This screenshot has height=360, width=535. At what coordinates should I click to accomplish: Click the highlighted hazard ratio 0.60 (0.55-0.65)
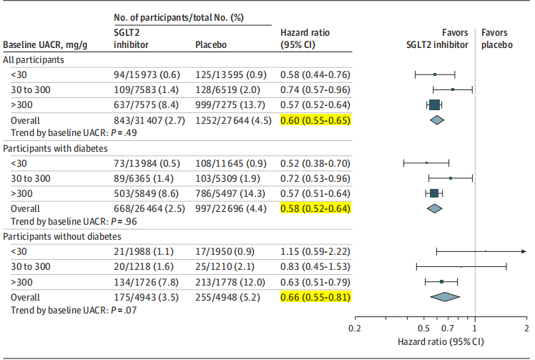tap(315, 120)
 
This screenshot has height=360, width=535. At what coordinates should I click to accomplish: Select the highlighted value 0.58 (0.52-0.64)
tap(315, 208)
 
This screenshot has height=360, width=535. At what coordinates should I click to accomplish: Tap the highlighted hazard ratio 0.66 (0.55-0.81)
tap(315, 296)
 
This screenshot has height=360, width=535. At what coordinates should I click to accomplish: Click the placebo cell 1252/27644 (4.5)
tap(233, 120)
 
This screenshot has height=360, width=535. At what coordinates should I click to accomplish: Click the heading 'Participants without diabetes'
tap(62, 236)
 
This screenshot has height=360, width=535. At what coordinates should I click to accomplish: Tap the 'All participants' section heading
tap(34, 60)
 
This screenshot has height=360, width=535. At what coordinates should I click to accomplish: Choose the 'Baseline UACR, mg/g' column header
tap(45, 44)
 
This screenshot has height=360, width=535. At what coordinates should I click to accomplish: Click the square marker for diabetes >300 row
tap(433, 193)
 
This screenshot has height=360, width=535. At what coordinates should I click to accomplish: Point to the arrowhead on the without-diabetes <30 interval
tap(524, 251)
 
